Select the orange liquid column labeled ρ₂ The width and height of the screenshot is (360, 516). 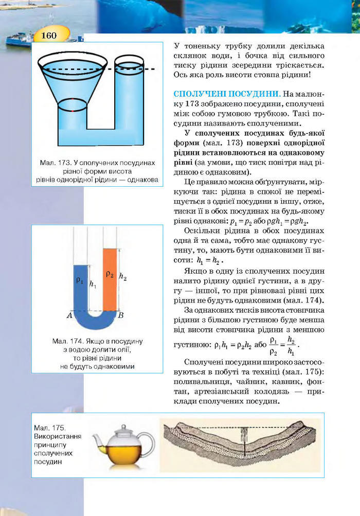pos(110,278)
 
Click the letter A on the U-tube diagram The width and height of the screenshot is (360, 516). pos(69,316)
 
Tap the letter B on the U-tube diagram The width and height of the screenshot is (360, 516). pos(121,316)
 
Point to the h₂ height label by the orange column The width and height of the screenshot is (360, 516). pos(123,277)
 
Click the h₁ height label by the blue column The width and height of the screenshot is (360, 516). pos(93,284)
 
